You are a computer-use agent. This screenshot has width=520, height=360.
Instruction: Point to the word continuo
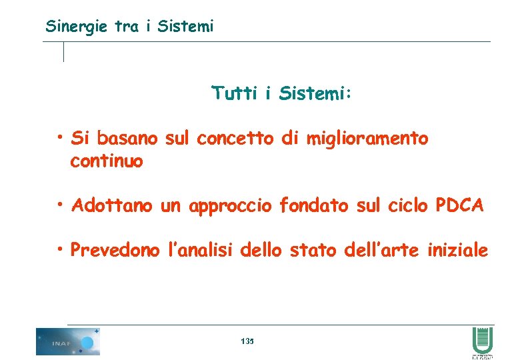[106, 161]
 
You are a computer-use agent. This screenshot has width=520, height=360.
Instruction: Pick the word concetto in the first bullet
[236, 139]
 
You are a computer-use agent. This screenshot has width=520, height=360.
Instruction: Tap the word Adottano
[113, 205]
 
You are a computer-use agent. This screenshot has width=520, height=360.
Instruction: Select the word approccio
[230, 206]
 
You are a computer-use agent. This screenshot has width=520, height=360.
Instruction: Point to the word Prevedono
[115, 251]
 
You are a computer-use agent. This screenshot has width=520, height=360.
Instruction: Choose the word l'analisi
[199, 251]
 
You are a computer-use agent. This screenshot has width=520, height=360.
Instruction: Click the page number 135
[247, 341]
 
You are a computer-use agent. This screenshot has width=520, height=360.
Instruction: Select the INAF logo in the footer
[67, 341]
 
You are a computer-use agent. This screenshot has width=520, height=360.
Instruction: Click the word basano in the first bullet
[127, 139]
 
